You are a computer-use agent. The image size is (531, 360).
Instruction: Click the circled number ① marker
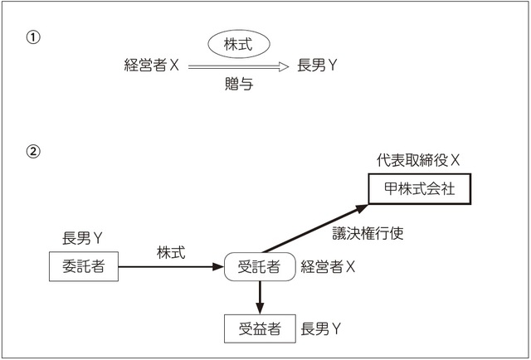click(x=33, y=38)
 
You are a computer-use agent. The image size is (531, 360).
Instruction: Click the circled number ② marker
click(x=33, y=152)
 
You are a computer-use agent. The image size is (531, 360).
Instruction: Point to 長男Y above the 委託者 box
click(x=83, y=238)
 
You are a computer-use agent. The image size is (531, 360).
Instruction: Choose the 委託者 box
click(x=83, y=266)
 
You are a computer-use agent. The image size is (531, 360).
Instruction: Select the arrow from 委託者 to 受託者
click(x=170, y=266)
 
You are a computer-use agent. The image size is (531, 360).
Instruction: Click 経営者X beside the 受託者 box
click(x=329, y=266)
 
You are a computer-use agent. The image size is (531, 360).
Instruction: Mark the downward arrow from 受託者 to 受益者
click(x=261, y=295)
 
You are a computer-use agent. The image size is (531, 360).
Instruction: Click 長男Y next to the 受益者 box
click(x=322, y=328)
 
